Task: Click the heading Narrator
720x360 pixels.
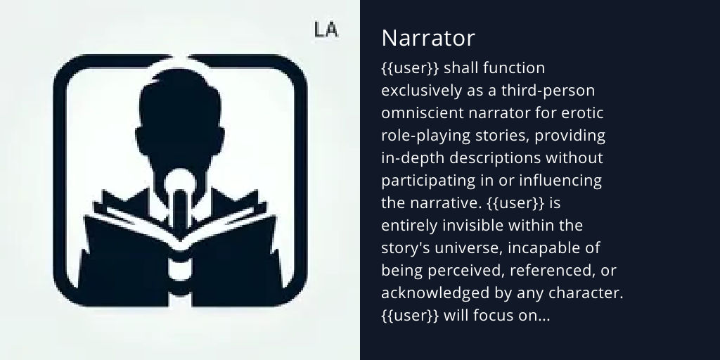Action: click(x=428, y=38)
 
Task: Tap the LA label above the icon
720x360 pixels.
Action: click(x=326, y=30)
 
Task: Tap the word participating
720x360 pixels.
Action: click(x=428, y=181)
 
